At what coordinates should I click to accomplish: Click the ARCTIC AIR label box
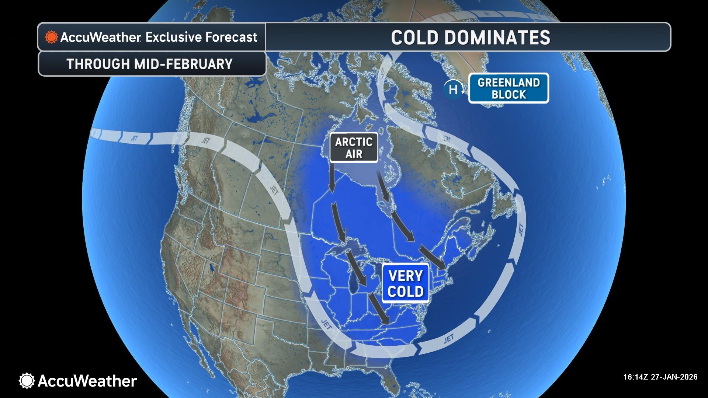[354, 147]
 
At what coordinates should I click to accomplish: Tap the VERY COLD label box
[405, 284]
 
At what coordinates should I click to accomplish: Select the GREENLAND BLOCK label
[509, 88]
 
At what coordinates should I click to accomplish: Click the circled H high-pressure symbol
[452, 90]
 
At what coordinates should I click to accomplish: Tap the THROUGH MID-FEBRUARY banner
[150, 64]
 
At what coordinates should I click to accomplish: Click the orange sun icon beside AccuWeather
[51, 37]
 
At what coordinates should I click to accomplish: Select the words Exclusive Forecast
[201, 37]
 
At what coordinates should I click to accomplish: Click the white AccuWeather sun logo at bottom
[27, 380]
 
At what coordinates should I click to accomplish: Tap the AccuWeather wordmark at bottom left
[87, 381]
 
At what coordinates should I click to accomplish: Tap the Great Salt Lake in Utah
[211, 266]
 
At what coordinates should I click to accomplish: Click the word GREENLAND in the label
[509, 82]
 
